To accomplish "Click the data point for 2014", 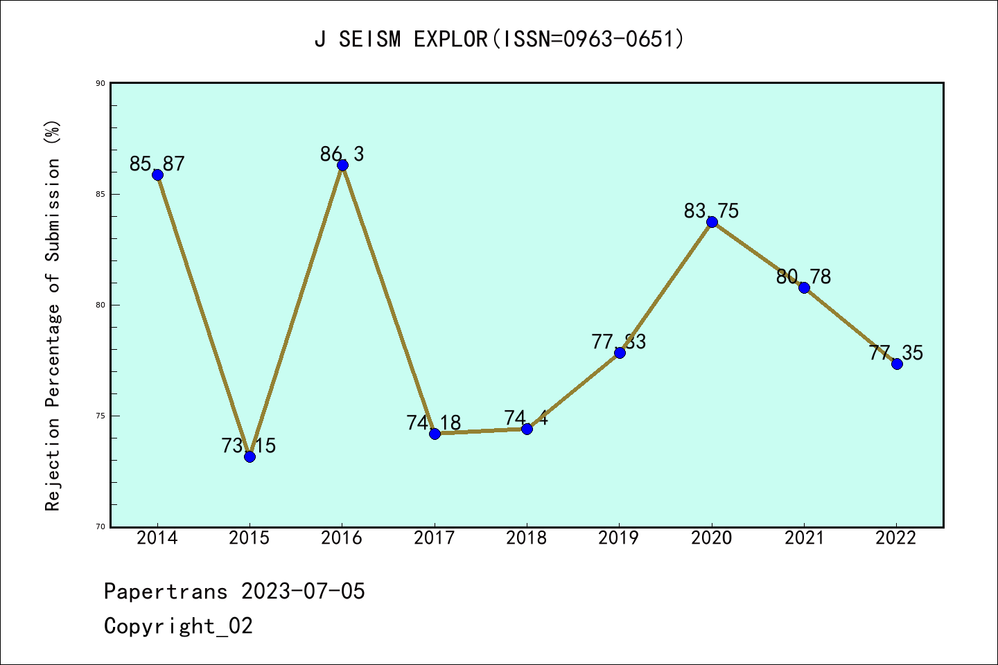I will [157, 175].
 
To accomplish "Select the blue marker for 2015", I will [249, 456].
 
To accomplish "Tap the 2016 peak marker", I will [342, 165].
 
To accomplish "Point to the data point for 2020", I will [712, 222].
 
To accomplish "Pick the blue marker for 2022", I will [897, 364].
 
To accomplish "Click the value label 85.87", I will [157, 164].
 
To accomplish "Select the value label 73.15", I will [249, 446].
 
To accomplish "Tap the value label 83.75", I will [711, 211].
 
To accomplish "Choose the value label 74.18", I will [434, 423].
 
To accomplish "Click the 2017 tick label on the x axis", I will [434, 538].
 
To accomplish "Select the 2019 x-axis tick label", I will [619, 538].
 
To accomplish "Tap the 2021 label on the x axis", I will [804, 538].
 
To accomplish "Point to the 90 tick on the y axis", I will [100, 83].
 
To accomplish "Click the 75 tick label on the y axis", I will [100, 416].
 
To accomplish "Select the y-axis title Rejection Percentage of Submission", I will [53, 316].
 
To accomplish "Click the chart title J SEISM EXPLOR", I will [499, 39].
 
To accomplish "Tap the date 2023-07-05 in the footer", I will [303, 592].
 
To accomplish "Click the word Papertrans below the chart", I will [166, 592].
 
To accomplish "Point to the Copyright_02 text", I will [178, 626].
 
